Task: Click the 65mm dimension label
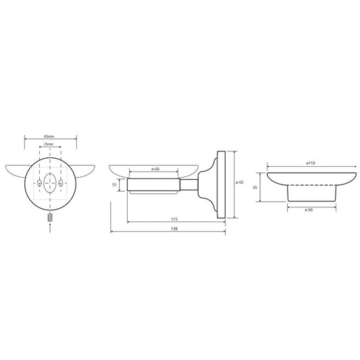pos(49,136)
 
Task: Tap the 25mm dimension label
pos(49,144)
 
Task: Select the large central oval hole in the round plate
pos(50,183)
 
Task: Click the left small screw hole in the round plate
pos(39,183)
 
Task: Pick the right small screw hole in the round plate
pos(61,183)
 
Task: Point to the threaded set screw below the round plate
pos(50,217)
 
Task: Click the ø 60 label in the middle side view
pos(155,169)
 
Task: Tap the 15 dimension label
pos(114,184)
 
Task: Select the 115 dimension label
pos(174,220)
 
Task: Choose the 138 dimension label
pos(174,229)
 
